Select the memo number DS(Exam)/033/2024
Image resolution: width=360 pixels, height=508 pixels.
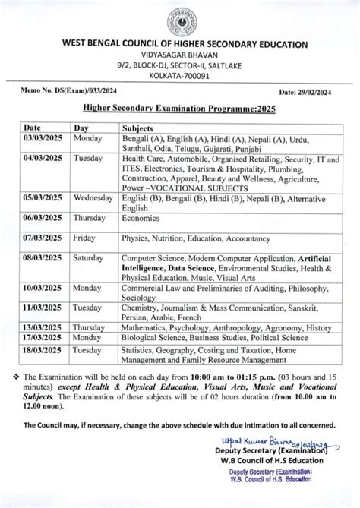click(x=61, y=92)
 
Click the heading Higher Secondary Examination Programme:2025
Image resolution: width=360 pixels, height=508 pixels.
click(x=180, y=109)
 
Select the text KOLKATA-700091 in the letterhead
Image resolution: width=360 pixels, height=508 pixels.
click(x=180, y=77)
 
